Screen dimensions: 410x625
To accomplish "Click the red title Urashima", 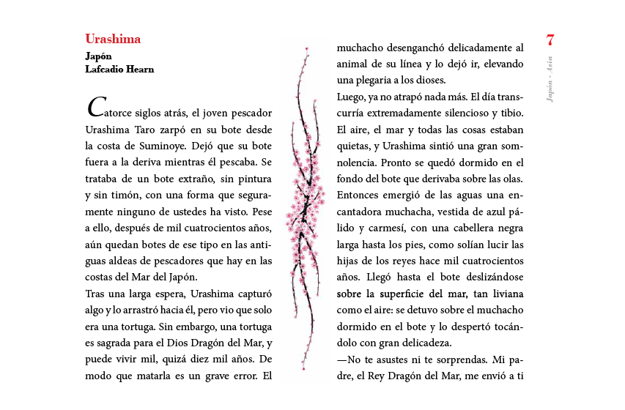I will click(113, 40).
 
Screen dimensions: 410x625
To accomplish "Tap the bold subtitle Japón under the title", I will click(99, 56).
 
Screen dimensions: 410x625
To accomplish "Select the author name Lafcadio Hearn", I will click(119, 70).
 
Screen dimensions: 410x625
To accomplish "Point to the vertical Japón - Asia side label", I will click(550, 79).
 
